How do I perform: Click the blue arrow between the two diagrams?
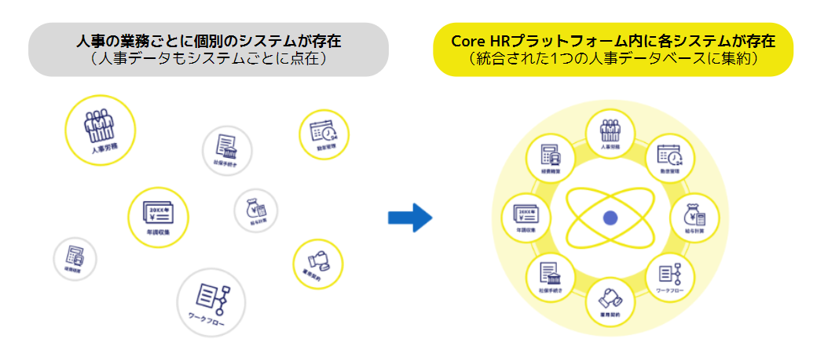click(x=411, y=217)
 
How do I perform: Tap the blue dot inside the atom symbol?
click(x=610, y=219)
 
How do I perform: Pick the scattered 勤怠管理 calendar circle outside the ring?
click(x=323, y=134)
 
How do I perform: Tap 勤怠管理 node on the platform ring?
click(x=670, y=157)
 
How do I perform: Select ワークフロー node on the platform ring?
click(x=670, y=279)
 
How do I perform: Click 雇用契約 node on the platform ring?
click(x=610, y=303)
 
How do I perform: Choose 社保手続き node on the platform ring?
click(x=550, y=279)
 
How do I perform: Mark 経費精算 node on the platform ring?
click(x=550, y=157)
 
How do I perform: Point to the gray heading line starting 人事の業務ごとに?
click(x=210, y=40)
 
